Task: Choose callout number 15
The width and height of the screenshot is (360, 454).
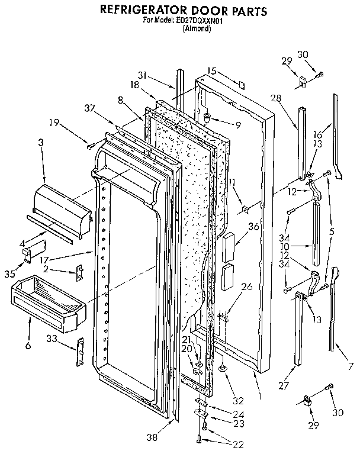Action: tap(211, 70)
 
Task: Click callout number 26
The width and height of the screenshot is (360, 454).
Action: tap(247, 287)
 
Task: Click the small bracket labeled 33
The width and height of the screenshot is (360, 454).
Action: tap(81, 353)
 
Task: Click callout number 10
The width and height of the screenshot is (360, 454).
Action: tap(302, 246)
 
